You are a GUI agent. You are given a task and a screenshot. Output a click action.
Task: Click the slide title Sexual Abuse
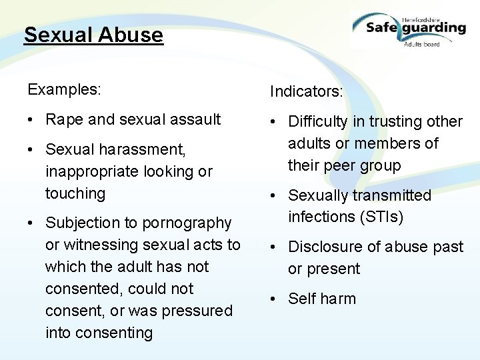coord(93,35)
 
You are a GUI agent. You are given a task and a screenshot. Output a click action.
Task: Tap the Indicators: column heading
coord(306,91)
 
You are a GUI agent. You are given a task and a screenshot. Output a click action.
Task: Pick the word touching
coord(75,193)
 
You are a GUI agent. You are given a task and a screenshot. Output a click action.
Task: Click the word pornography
coord(189,223)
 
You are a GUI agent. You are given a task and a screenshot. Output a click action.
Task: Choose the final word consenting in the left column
coord(99,333)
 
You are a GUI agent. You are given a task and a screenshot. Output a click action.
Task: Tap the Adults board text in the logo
coord(421,43)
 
